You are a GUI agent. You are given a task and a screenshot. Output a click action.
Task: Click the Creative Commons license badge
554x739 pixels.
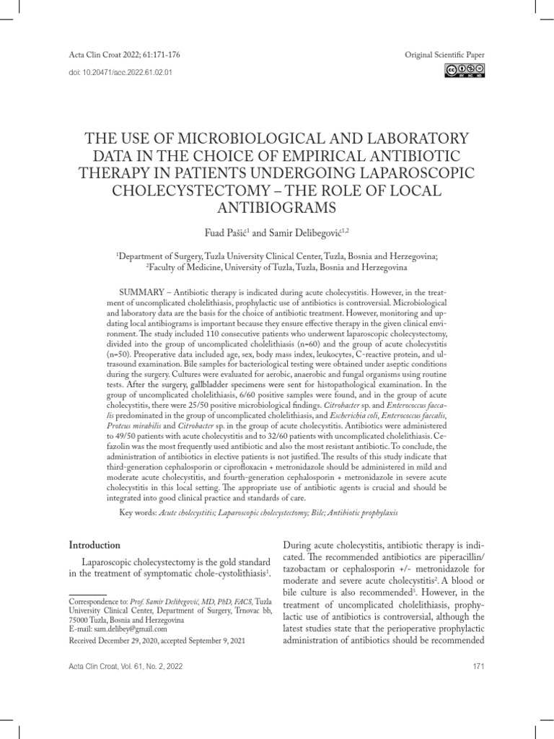pyautogui.click(x=465, y=70)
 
